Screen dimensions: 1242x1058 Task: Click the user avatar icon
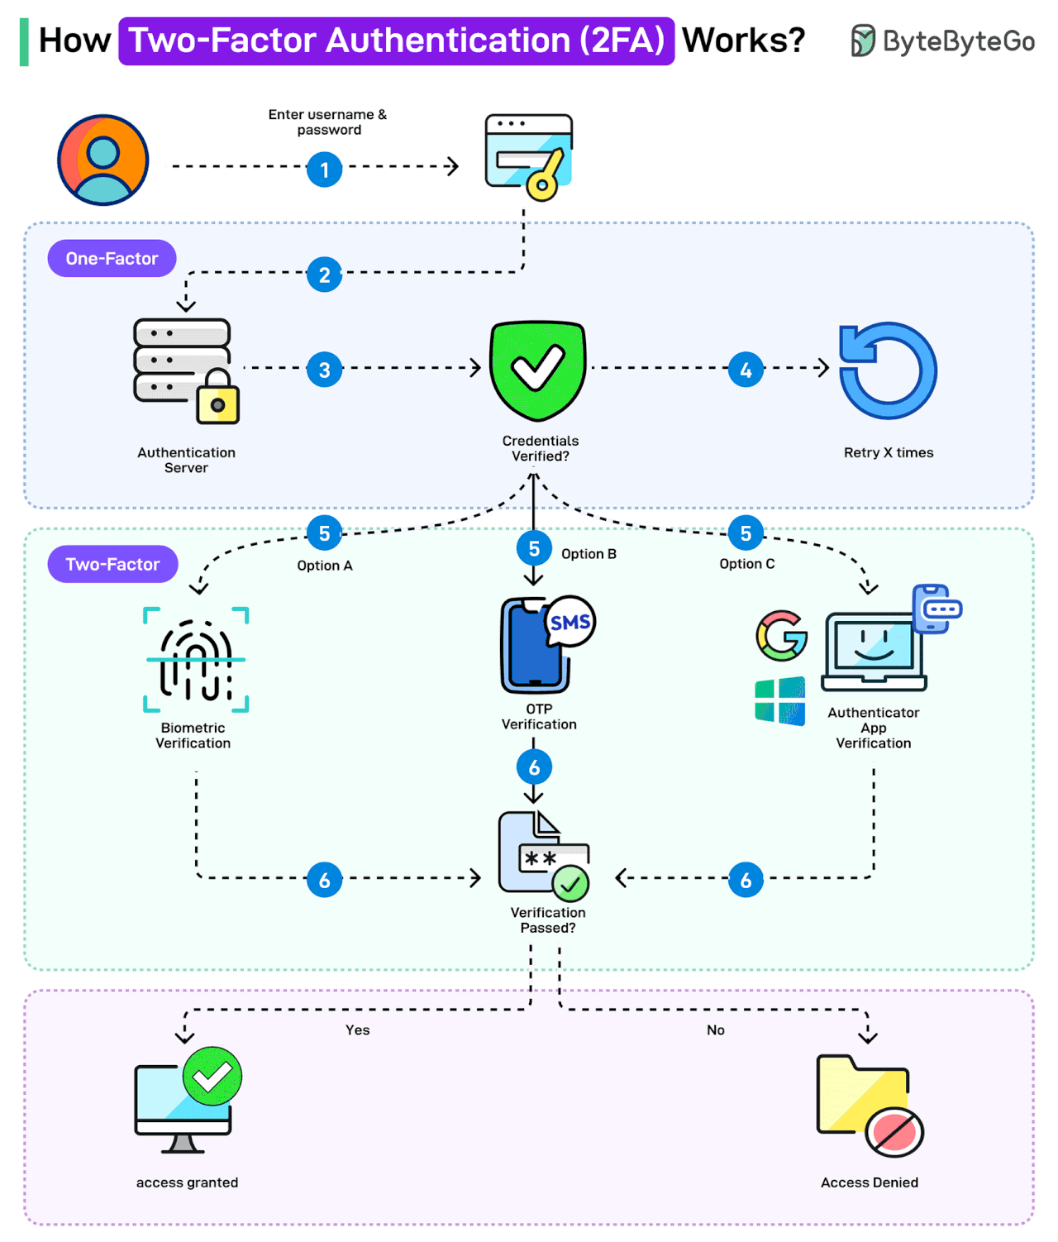[x=102, y=160]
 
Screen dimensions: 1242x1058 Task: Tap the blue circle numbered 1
[x=324, y=170]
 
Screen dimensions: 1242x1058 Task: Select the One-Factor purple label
[x=112, y=259]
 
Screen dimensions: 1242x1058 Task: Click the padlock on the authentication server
[x=217, y=399]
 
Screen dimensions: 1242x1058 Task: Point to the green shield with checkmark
[x=537, y=369]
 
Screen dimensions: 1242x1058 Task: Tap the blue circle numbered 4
[x=746, y=370]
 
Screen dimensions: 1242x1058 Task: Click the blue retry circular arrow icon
[x=888, y=370]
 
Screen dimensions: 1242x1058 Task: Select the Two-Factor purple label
[x=112, y=564]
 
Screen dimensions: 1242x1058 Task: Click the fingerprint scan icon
[x=196, y=660]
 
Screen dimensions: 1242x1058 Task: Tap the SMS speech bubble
[x=570, y=622]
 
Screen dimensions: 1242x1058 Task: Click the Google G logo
[x=781, y=636]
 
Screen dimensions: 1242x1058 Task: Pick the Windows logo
[x=779, y=701]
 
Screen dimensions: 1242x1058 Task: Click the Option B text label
[x=589, y=554]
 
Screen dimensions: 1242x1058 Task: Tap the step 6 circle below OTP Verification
[x=534, y=767]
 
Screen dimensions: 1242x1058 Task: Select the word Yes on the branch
[x=357, y=1030]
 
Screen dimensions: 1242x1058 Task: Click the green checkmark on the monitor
[x=212, y=1076]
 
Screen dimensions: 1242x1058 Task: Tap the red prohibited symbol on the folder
[x=894, y=1132]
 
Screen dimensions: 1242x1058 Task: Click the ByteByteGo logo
[x=942, y=41]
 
